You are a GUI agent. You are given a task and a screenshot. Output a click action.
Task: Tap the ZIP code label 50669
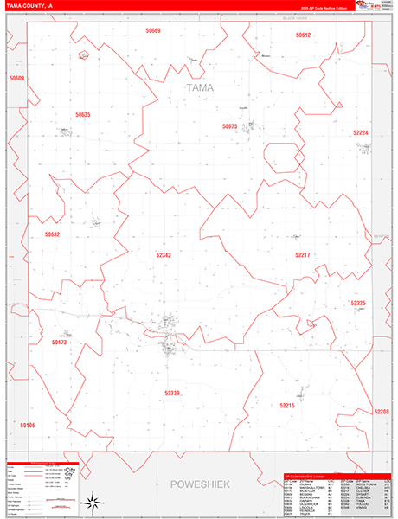[153, 30]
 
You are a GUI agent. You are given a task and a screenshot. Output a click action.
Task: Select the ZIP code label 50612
[303, 35]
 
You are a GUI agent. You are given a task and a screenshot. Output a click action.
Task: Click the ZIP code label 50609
[17, 79]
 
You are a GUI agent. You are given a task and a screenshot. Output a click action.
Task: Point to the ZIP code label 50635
[82, 114]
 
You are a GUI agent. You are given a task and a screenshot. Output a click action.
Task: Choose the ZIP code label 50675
[229, 126]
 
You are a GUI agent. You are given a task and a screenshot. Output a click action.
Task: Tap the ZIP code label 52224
[361, 132]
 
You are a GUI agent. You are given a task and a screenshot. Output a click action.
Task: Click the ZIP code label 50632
[53, 234]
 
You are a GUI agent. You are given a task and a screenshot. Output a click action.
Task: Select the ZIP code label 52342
[164, 255]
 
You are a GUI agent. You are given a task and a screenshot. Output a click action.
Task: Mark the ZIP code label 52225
[358, 303]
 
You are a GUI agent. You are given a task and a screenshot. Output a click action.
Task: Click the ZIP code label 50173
[59, 343]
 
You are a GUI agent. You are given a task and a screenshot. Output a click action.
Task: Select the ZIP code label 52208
[382, 412]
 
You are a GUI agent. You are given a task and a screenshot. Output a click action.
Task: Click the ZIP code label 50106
[28, 425]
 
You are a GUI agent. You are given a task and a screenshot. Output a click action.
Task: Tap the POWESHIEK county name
[200, 484]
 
